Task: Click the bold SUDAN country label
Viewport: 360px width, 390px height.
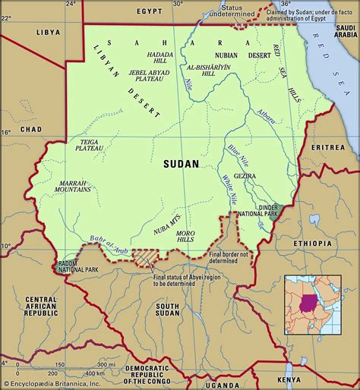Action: click(x=181, y=162)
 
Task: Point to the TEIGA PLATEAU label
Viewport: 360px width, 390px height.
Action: click(x=84, y=146)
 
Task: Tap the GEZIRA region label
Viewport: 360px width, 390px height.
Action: click(x=245, y=176)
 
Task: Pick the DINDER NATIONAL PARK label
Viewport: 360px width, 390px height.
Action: click(x=261, y=210)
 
